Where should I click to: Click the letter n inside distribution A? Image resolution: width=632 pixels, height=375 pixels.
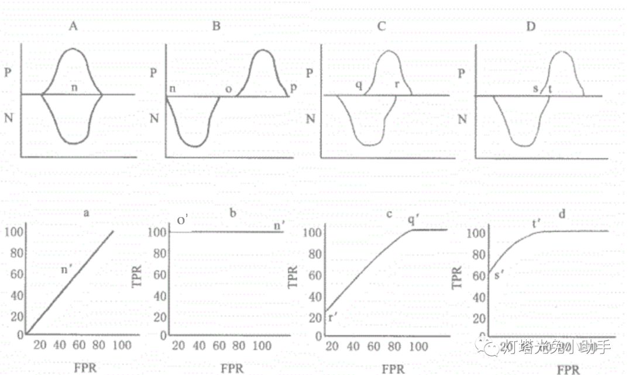pos(74,88)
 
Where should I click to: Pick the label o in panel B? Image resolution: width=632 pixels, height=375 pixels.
pos(228,88)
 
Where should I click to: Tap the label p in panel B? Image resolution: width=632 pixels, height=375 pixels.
pos(293,87)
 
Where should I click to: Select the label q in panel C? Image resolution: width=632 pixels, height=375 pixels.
pos(359,85)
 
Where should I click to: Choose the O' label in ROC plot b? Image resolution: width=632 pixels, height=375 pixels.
pos(183,221)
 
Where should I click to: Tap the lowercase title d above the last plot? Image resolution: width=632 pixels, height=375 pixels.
pos(562,215)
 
